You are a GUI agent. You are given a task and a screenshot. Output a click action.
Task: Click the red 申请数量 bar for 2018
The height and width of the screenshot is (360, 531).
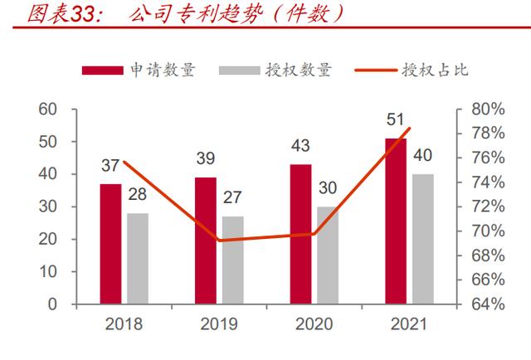110,244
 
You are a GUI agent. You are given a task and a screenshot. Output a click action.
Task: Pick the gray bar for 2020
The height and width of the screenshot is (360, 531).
328,255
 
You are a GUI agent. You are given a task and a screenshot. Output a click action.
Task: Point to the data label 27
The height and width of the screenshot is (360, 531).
233,199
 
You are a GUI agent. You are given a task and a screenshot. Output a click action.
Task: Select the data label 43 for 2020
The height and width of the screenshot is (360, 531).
300,147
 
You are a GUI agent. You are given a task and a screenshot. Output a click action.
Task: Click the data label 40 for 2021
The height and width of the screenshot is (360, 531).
423,156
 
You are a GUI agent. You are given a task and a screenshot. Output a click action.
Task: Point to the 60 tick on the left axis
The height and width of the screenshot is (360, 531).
47,109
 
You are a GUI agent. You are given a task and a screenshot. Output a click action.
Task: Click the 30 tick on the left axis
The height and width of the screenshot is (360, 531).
47,207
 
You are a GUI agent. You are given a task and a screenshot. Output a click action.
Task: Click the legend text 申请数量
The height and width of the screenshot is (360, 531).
162,70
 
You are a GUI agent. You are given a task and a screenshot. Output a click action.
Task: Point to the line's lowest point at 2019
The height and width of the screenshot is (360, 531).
219,241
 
